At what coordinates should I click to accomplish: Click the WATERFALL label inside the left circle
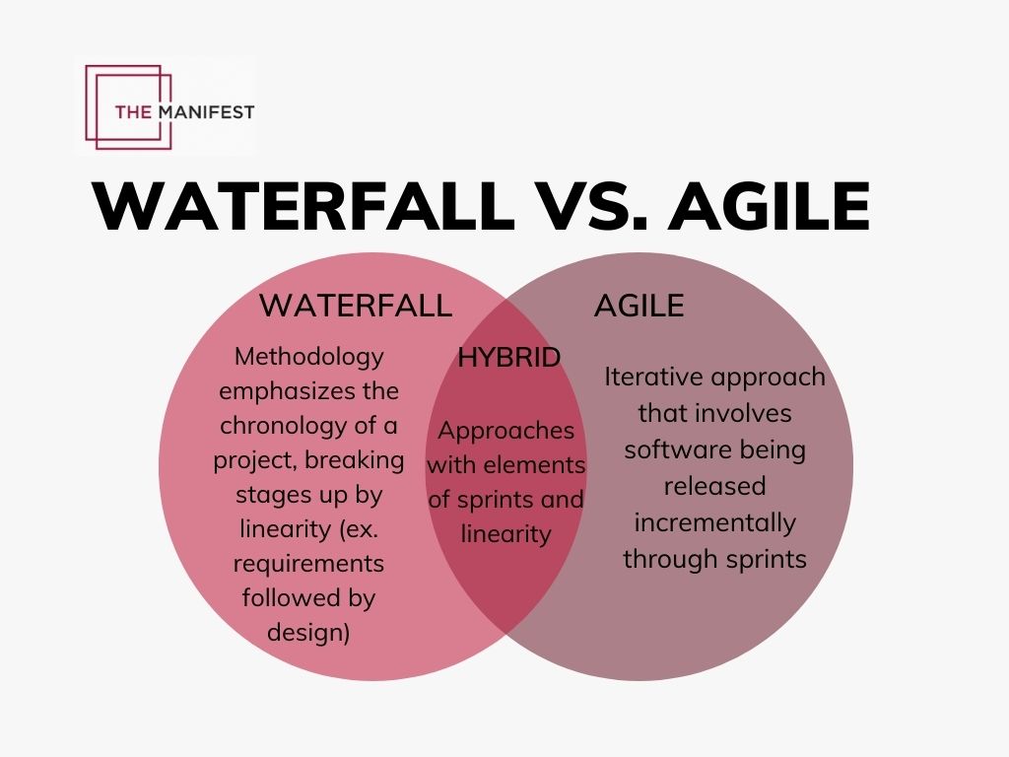[x=356, y=306]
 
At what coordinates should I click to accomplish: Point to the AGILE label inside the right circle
[x=639, y=306]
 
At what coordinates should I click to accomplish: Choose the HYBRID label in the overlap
[x=508, y=357]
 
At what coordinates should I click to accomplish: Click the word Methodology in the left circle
[x=309, y=356]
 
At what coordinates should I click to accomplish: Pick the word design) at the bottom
[x=308, y=632]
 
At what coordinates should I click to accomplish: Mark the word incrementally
[x=714, y=521]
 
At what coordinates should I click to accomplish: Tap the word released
[x=714, y=486]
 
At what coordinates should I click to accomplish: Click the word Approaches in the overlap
[x=505, y=431]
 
